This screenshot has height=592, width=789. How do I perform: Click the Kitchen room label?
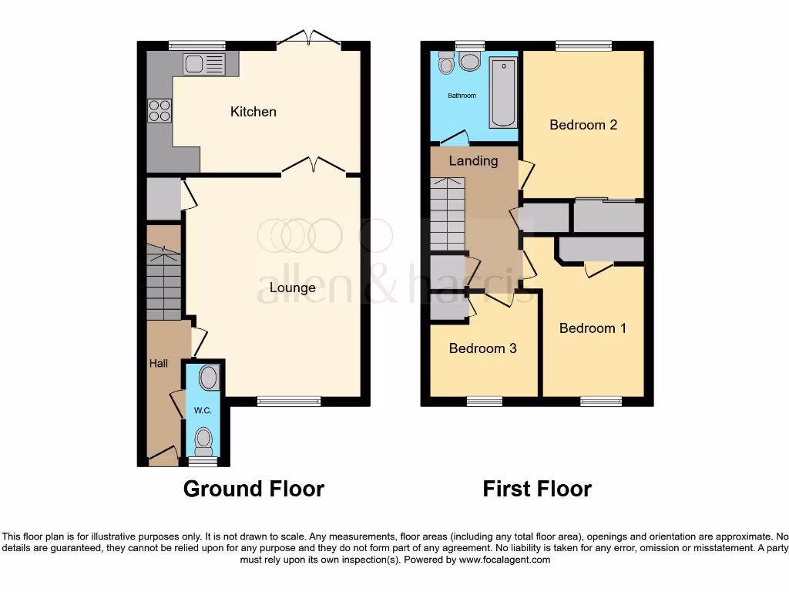pyautogui.click(x=253, y=112)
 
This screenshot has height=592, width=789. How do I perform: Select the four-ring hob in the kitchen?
pyautogui.click(x=159, y=111)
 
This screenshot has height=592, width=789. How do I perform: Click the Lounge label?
pyautogui.click(x=292, y=288)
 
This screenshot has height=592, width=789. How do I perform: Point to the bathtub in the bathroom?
pyautogui.click(x=504, y=92)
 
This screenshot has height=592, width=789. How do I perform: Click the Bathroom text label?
pyautogui.click(x=462, y=96)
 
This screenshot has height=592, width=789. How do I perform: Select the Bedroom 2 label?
pyautogui.click(x=583, y=125)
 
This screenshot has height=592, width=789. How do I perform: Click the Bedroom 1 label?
pyautogui.click(x=593, y=328)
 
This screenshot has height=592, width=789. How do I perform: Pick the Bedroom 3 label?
pyautogui.click(x=482, y=348)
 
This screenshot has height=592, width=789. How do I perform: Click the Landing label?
pyautogui.click(x=473, y=161)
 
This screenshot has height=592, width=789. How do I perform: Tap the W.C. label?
pyautogui.click(x=203, y=411)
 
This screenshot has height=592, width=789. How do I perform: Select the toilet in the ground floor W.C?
pyautogui.click(x=203, y=441)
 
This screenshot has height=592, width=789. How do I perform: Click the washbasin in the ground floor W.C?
pyautogui.click(x=208, y=378)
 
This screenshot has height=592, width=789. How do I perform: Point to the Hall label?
pyautogui.click(x=159, y=363)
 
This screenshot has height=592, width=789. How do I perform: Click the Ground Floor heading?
pyautogui.click(x=253, y=489)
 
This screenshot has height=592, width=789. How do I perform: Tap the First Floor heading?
pyautogui.click(x=537, y=489)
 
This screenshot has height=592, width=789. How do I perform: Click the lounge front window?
pyautogui.click(x=289, y=401)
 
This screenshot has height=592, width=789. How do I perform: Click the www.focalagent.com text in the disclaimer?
pyautogui.click(x=504, y=560)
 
